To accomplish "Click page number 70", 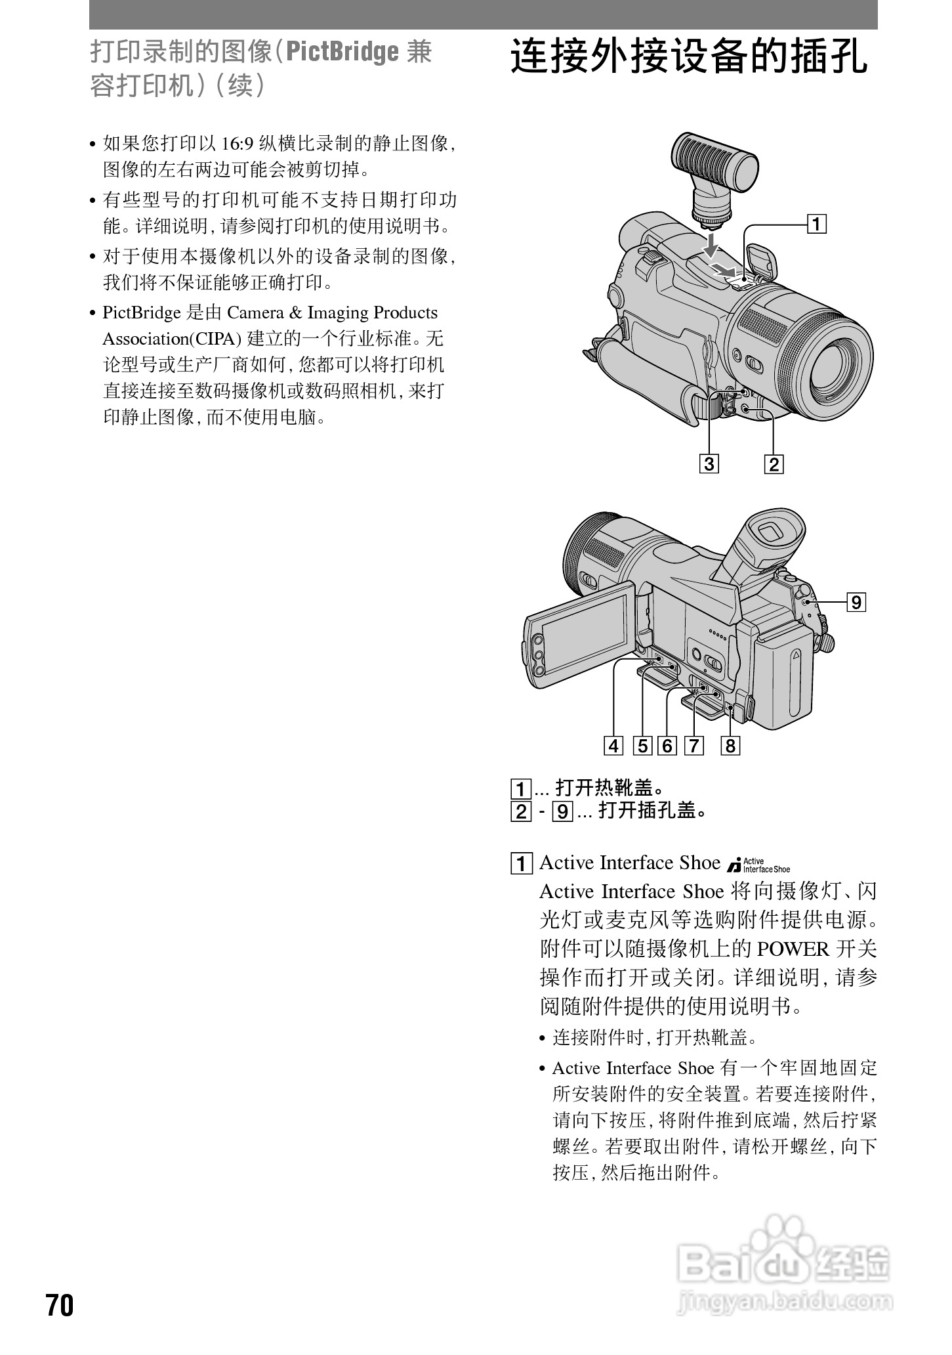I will coord(60,1304).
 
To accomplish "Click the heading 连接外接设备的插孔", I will coord(689,58).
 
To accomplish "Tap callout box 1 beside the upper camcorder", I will coord(816,225).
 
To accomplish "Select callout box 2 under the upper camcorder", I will coord(774,464).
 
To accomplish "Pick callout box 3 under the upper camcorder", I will coord(709,463).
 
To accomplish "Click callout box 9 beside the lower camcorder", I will coord(856,601).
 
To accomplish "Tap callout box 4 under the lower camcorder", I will coord(613,746).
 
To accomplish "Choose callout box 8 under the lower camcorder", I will coord(730,746).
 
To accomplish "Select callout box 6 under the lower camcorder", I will coord(667,746).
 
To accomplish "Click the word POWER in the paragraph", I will coord(793,949).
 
